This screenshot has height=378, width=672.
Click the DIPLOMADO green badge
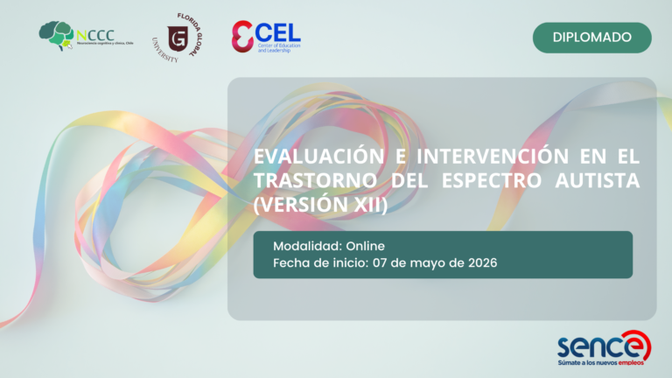(x=592, y=38)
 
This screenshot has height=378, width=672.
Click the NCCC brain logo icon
(x=56, y=36)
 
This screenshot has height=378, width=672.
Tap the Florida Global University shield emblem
(x=178, y=38)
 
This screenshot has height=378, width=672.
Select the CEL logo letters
(x=277, y=31)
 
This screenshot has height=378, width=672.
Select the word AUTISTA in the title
(x=604, y=181)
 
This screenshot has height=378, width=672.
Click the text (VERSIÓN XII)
(x=319, y=205)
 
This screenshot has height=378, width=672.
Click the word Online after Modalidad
(x=365, y=246)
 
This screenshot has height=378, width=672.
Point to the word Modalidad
(x=307, y=246)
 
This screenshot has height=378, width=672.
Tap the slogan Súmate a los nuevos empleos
(x=604, y=361)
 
